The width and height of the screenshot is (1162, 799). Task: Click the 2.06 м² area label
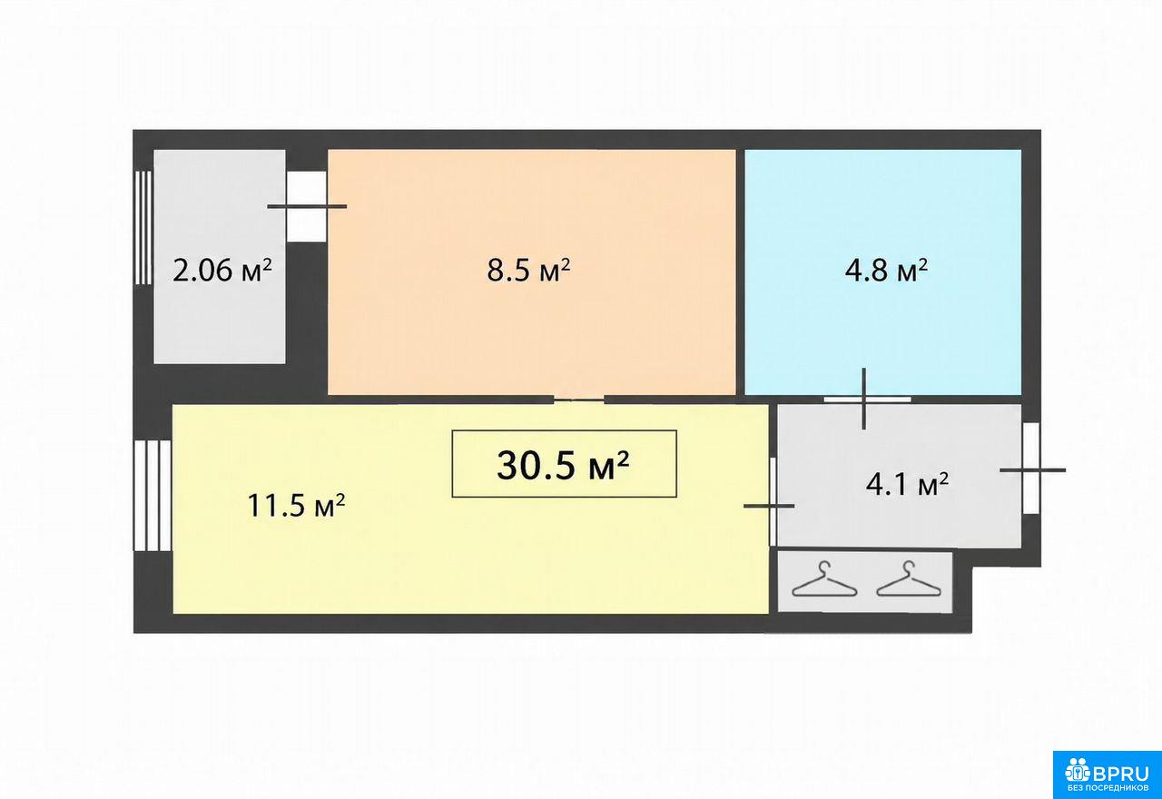point(222,271)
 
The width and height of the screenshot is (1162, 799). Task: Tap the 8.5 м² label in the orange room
point(528,271)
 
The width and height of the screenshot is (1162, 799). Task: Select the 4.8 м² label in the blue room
point(886,271)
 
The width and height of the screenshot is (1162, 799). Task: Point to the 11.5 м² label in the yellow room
point(296,505)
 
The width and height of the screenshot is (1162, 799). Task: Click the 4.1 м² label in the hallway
point(907,485)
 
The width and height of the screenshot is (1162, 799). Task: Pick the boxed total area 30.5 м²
point(564,465)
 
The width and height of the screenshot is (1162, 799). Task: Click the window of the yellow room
point(152,496)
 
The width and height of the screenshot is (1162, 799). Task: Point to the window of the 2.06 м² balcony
point(143,228)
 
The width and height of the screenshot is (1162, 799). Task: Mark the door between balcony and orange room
point(307,206)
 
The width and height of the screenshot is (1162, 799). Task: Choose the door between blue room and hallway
point(867,399)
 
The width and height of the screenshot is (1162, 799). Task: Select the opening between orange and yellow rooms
point(578,399)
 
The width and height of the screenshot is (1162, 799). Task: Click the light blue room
point(883,272)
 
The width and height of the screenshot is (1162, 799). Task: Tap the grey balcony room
point(220,257)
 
